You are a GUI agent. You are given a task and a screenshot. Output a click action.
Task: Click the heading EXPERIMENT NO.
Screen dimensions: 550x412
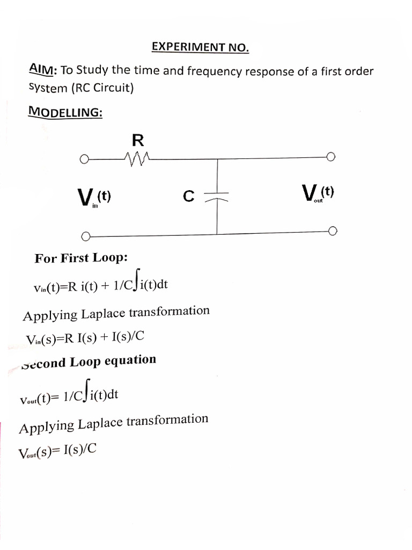click(200, 47)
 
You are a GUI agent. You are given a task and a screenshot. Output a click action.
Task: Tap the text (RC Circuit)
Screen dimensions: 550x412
click(105, 88)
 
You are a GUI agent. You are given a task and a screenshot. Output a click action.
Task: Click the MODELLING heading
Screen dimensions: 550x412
click(65, 112)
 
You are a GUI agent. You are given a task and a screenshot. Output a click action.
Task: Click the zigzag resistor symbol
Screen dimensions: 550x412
click(137, 158)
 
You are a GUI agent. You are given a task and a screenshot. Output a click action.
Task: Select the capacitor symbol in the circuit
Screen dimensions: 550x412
click(217, 196)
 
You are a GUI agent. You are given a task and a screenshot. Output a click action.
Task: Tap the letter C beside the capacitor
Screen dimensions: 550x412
click(188, 197)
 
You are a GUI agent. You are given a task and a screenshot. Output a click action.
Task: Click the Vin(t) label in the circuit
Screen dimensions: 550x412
click(95, 197)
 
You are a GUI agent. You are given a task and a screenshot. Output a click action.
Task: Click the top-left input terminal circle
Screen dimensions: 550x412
click(83, 159)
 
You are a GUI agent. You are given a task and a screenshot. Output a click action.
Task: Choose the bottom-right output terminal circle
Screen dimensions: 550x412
click(333, 231)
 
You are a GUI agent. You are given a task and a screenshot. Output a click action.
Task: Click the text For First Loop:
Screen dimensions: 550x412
click(81, 258)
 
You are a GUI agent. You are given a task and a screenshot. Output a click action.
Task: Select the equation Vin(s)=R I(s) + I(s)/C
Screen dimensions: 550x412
click(85, 338)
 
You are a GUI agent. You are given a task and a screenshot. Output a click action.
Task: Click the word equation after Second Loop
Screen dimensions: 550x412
click(130, 360)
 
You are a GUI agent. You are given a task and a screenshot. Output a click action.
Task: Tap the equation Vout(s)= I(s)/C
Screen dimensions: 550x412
click(57, 452)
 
